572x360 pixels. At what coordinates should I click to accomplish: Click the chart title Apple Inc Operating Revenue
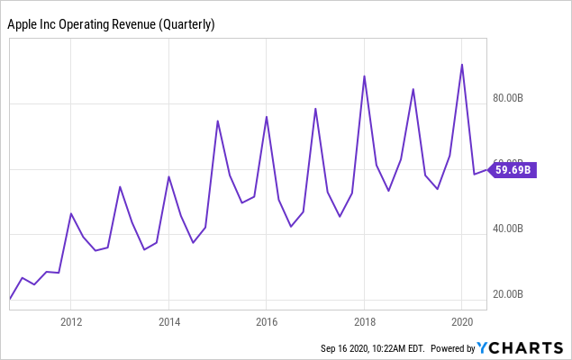click(x=111, y=25)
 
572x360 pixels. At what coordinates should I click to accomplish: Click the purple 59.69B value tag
click(x=515, y=168)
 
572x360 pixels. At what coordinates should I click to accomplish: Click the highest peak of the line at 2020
click(x=462, y=65)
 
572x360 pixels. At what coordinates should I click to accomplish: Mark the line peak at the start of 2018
click(x=364, y=76)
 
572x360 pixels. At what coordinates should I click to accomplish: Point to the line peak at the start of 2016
click(x=267, y=117)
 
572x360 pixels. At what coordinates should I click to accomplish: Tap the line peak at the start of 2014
click(x=169, y=176)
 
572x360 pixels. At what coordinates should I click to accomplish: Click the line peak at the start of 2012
click(x=71, y=213)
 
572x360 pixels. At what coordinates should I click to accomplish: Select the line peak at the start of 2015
click(x=218, y=121)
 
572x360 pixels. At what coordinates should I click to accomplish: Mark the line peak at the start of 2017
click(x=315, y=109)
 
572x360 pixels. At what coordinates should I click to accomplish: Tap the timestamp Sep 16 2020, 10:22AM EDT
click(x=372, y=348)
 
